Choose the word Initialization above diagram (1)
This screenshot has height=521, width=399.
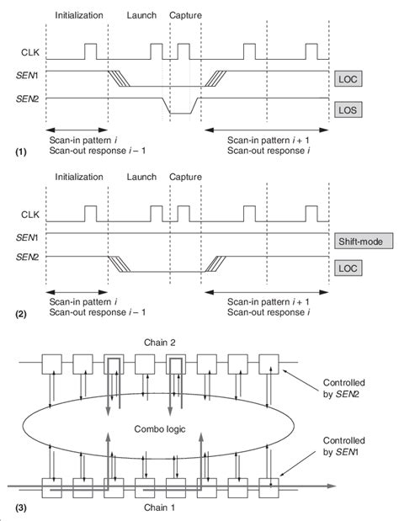(78, 16)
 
